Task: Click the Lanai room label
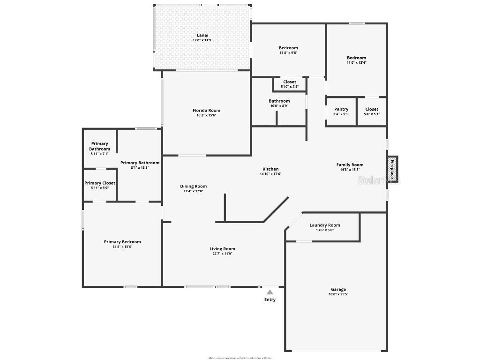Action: (x=202, y=35)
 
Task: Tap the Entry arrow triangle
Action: (x=270, y=292)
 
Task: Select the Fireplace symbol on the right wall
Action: (x=393, y=169)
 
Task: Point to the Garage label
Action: (x=338, y=289)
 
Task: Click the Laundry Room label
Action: (x=325, y=225)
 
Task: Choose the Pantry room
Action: (x=341, y=112)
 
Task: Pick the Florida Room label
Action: (x=206, y=111)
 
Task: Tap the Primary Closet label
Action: (x=100, y=183)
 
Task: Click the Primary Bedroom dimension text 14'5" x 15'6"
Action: (x=122, y=247)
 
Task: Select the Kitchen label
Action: (x=270, y=169)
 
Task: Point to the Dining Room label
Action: (x=194, y=186)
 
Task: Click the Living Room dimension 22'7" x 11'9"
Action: (x=222, y=254)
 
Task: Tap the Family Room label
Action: (x=350, y=165)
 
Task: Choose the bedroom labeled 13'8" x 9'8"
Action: (x=288, y=50)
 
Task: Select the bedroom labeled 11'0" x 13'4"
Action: (x=356, y=60)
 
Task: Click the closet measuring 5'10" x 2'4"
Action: (x=290, y=84)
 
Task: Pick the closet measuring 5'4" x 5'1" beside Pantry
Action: (x=372, y=112)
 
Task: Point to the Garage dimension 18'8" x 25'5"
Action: (x=338, y=294)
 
